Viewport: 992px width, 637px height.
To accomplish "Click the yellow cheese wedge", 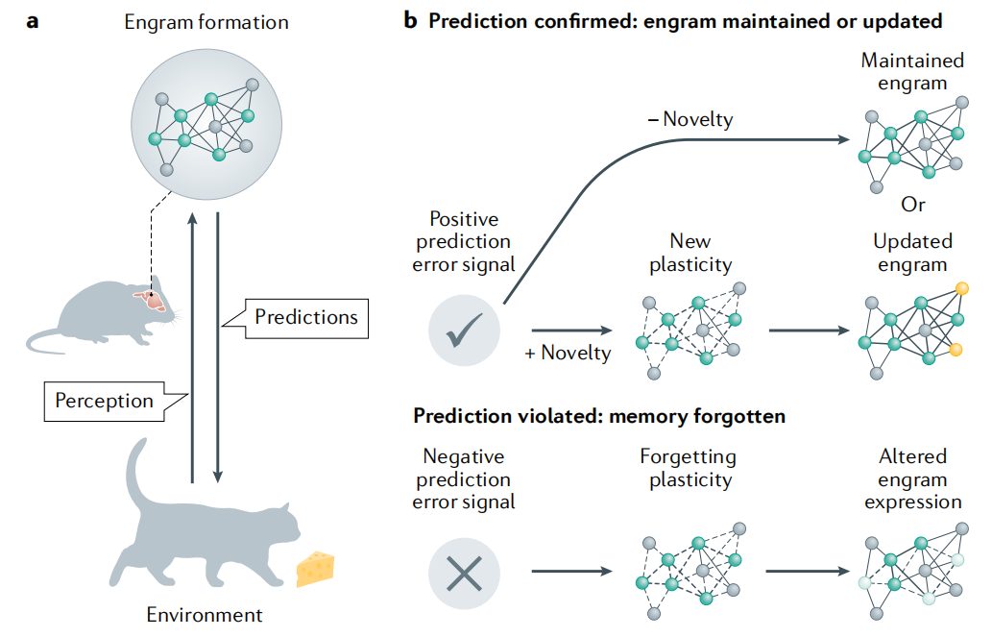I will coord(314,569).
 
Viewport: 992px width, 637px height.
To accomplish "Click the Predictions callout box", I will coord(306,317).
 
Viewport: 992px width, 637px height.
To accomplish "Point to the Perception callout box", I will coord(105,400).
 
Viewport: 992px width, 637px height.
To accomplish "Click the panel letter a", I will coord(33,20).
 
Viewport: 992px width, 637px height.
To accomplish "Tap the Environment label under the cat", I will coord(204,615).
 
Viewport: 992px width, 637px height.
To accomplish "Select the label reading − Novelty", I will coord(690,120).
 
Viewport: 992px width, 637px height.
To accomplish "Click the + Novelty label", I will coord(568,353).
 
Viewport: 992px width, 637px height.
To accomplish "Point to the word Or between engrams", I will coord(912,206).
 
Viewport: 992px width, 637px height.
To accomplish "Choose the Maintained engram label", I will coord(912,72).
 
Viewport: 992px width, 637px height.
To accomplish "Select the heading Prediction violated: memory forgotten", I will coord(600,416).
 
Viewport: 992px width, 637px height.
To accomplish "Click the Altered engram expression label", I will coord(912,478).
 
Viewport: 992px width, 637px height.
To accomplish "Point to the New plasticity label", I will coord(690,252).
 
